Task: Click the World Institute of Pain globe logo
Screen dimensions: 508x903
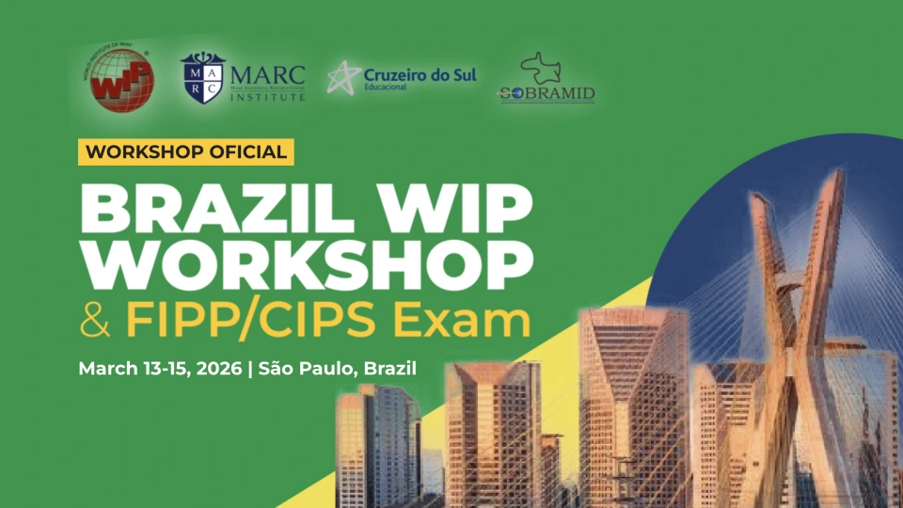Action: [x=121, y=77]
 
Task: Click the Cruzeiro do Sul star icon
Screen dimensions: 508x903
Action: [x=343, y=77]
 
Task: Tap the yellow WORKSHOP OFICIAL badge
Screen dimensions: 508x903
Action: [x=186, y=151]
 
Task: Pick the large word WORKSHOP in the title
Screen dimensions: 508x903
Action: [x=300, y=264]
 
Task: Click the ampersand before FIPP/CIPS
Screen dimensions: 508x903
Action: [x=95, y=321]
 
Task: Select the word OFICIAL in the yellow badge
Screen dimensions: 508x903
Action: [x=241, y=151]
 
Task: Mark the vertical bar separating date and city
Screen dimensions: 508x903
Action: [x=249, y=368]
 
